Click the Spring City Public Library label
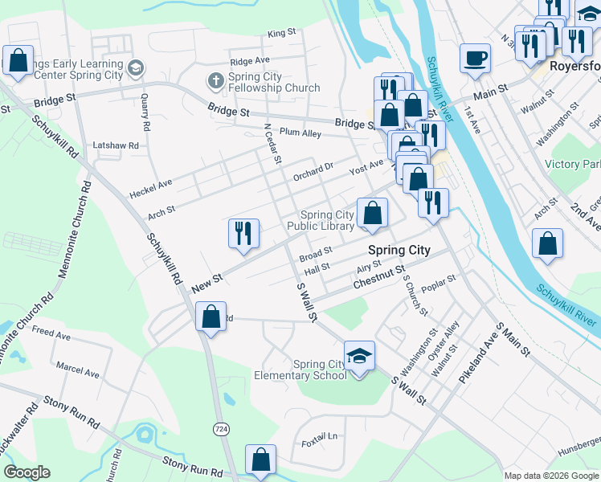327,221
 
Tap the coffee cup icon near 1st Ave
475,58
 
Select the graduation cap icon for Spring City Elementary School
359,355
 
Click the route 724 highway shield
219,429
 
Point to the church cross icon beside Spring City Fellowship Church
215,80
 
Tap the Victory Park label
573,164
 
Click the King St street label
282,33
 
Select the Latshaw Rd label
116,145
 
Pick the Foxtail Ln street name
320,436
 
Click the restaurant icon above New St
243,233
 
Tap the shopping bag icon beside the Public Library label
372,213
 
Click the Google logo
27,472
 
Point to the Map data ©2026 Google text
551,476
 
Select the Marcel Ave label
78,374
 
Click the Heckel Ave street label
150,189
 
